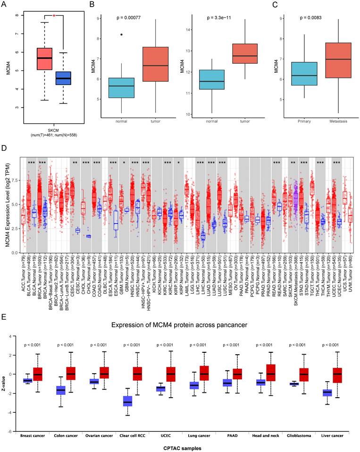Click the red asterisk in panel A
54,16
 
